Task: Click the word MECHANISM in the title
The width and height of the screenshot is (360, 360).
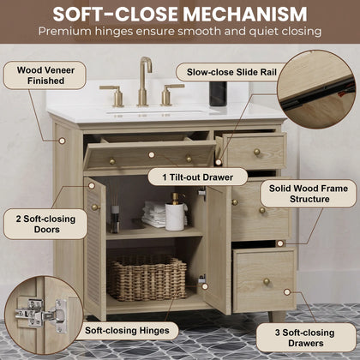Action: point(245,14)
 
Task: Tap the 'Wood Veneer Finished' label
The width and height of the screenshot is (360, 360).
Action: point(45,75)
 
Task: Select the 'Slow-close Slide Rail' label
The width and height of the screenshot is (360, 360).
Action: point(231,72)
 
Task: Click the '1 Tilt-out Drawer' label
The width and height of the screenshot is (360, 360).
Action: point(198,177)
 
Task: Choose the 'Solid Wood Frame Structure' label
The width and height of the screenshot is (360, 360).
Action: point(309,194)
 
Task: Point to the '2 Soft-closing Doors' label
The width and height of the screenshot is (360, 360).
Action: point(45,224)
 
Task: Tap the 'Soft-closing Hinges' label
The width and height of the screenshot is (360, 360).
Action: point(127,331)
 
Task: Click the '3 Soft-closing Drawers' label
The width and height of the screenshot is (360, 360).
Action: point(305,338)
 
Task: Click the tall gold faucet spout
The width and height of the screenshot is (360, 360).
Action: point(144,81)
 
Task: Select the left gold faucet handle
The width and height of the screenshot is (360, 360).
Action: point(114,95)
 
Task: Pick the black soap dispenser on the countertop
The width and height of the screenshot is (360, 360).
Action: point(218,93)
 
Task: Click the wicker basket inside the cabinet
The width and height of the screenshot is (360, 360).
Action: point(147,277)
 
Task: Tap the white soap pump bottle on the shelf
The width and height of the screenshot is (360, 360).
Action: point(175,213)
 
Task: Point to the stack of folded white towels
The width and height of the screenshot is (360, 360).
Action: point(154,214)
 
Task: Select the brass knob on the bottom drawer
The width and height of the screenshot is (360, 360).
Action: point(267,281)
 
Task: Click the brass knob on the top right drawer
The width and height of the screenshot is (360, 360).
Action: point(257,152)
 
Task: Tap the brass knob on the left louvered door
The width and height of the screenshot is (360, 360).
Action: point(95,207)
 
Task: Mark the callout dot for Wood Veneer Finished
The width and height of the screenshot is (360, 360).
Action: point(63,141)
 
